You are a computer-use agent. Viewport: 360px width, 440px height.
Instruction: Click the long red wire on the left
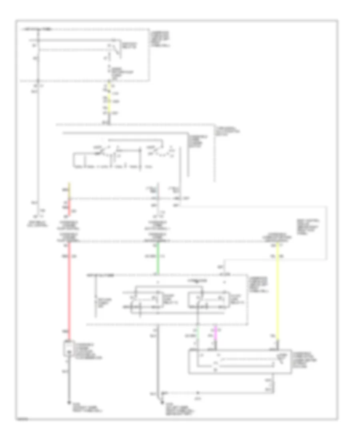click(x=69, y=288)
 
